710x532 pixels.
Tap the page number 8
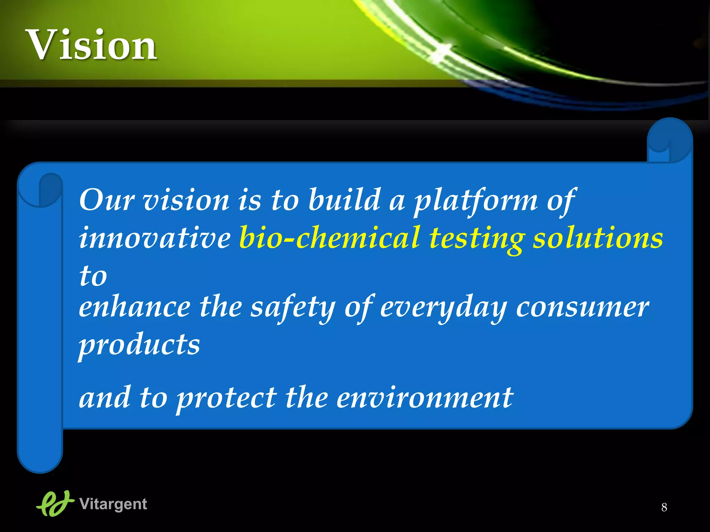pos(664,507)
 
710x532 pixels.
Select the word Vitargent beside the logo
pos(113,504)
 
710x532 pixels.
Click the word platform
pos(476,201)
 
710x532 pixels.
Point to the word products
pos(139,345)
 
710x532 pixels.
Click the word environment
pos(425,398)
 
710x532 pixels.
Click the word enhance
pos(135,307)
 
